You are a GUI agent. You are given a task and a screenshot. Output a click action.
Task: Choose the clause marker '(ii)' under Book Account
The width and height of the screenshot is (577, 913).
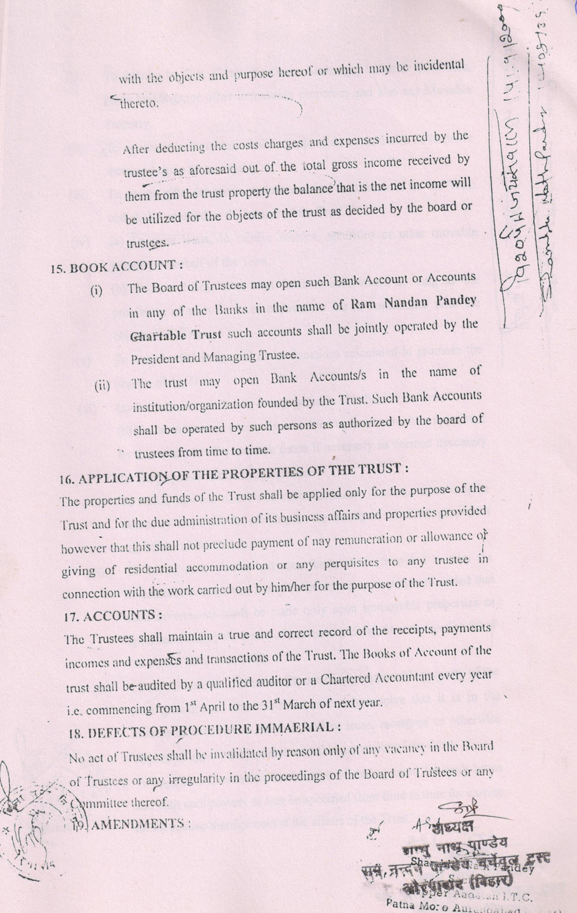pyautogui.click(x=102, y=385)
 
